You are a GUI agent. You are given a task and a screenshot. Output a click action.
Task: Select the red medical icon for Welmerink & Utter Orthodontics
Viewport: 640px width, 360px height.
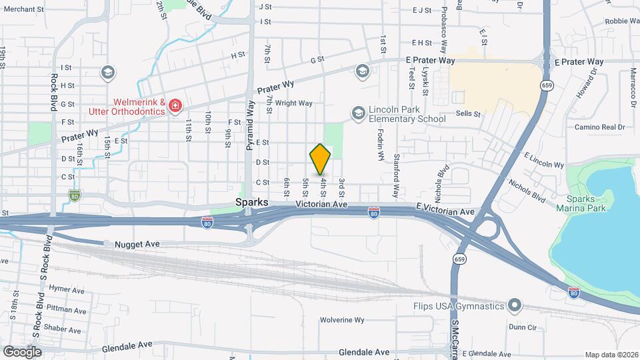pyautogui.click(x=175, y=106)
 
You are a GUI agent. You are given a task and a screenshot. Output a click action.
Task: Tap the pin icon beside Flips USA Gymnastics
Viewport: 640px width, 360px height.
pyautogui.click(x=514, y=307)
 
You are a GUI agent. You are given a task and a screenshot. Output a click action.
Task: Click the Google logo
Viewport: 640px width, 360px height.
pyautogui.click(x=22, y=351)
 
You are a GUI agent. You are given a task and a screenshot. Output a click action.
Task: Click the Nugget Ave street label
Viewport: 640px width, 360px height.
pyautogui.click(x=137, y=245)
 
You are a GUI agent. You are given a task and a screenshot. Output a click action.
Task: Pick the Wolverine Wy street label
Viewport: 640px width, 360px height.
pyautogui.click(x=341, y=320)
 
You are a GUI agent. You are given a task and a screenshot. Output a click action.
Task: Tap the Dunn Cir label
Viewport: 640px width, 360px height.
pyautogui.click(x=522, y=327)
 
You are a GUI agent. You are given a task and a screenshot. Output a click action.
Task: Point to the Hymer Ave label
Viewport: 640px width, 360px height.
pyautogui.click(x=67, y=291)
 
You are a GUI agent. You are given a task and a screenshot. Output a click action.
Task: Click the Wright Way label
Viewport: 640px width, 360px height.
pyautogui.click(x=294, y=103)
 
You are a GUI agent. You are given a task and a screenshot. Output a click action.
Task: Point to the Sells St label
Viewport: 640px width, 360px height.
pyautogui.click(x=468, y=114)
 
